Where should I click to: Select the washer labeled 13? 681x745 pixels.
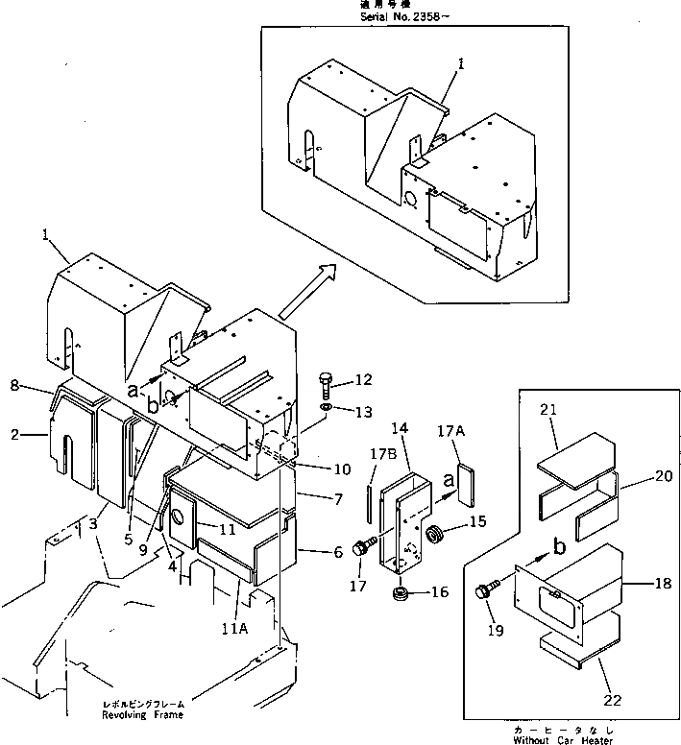click(x=327, y=411)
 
